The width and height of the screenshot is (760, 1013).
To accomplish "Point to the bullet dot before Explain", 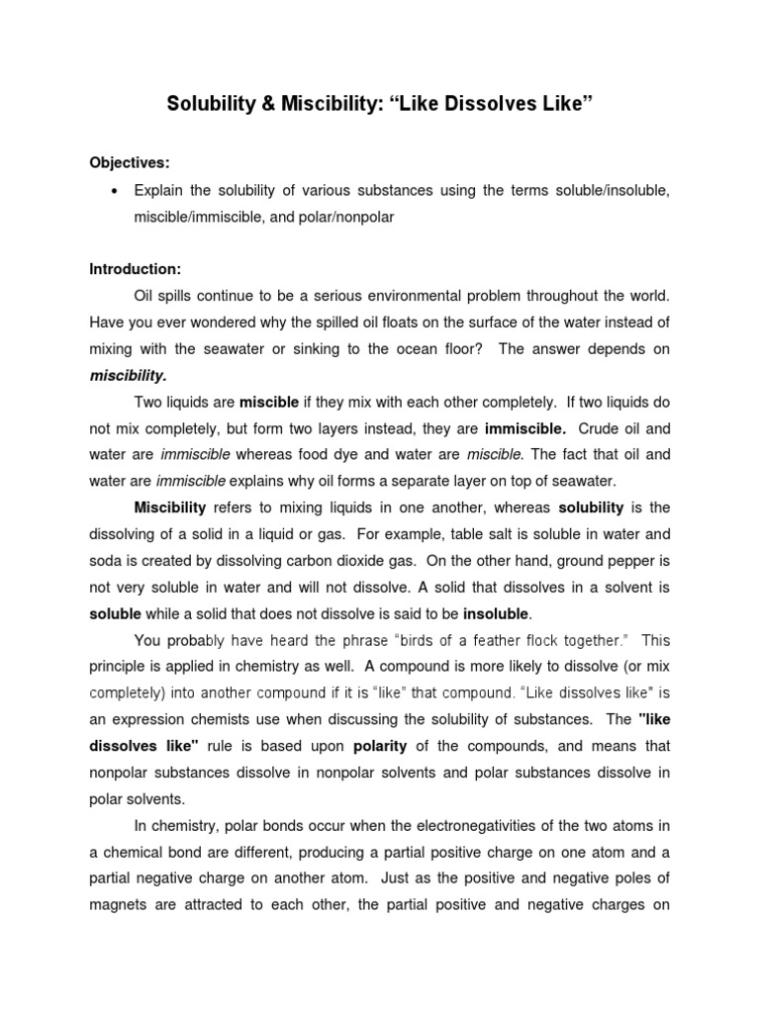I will [116, 190].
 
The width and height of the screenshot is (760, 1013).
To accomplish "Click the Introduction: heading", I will [135, 268].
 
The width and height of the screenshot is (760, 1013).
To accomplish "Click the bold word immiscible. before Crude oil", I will [525, 429].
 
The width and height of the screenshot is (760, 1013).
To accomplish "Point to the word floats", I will [382, 322].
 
